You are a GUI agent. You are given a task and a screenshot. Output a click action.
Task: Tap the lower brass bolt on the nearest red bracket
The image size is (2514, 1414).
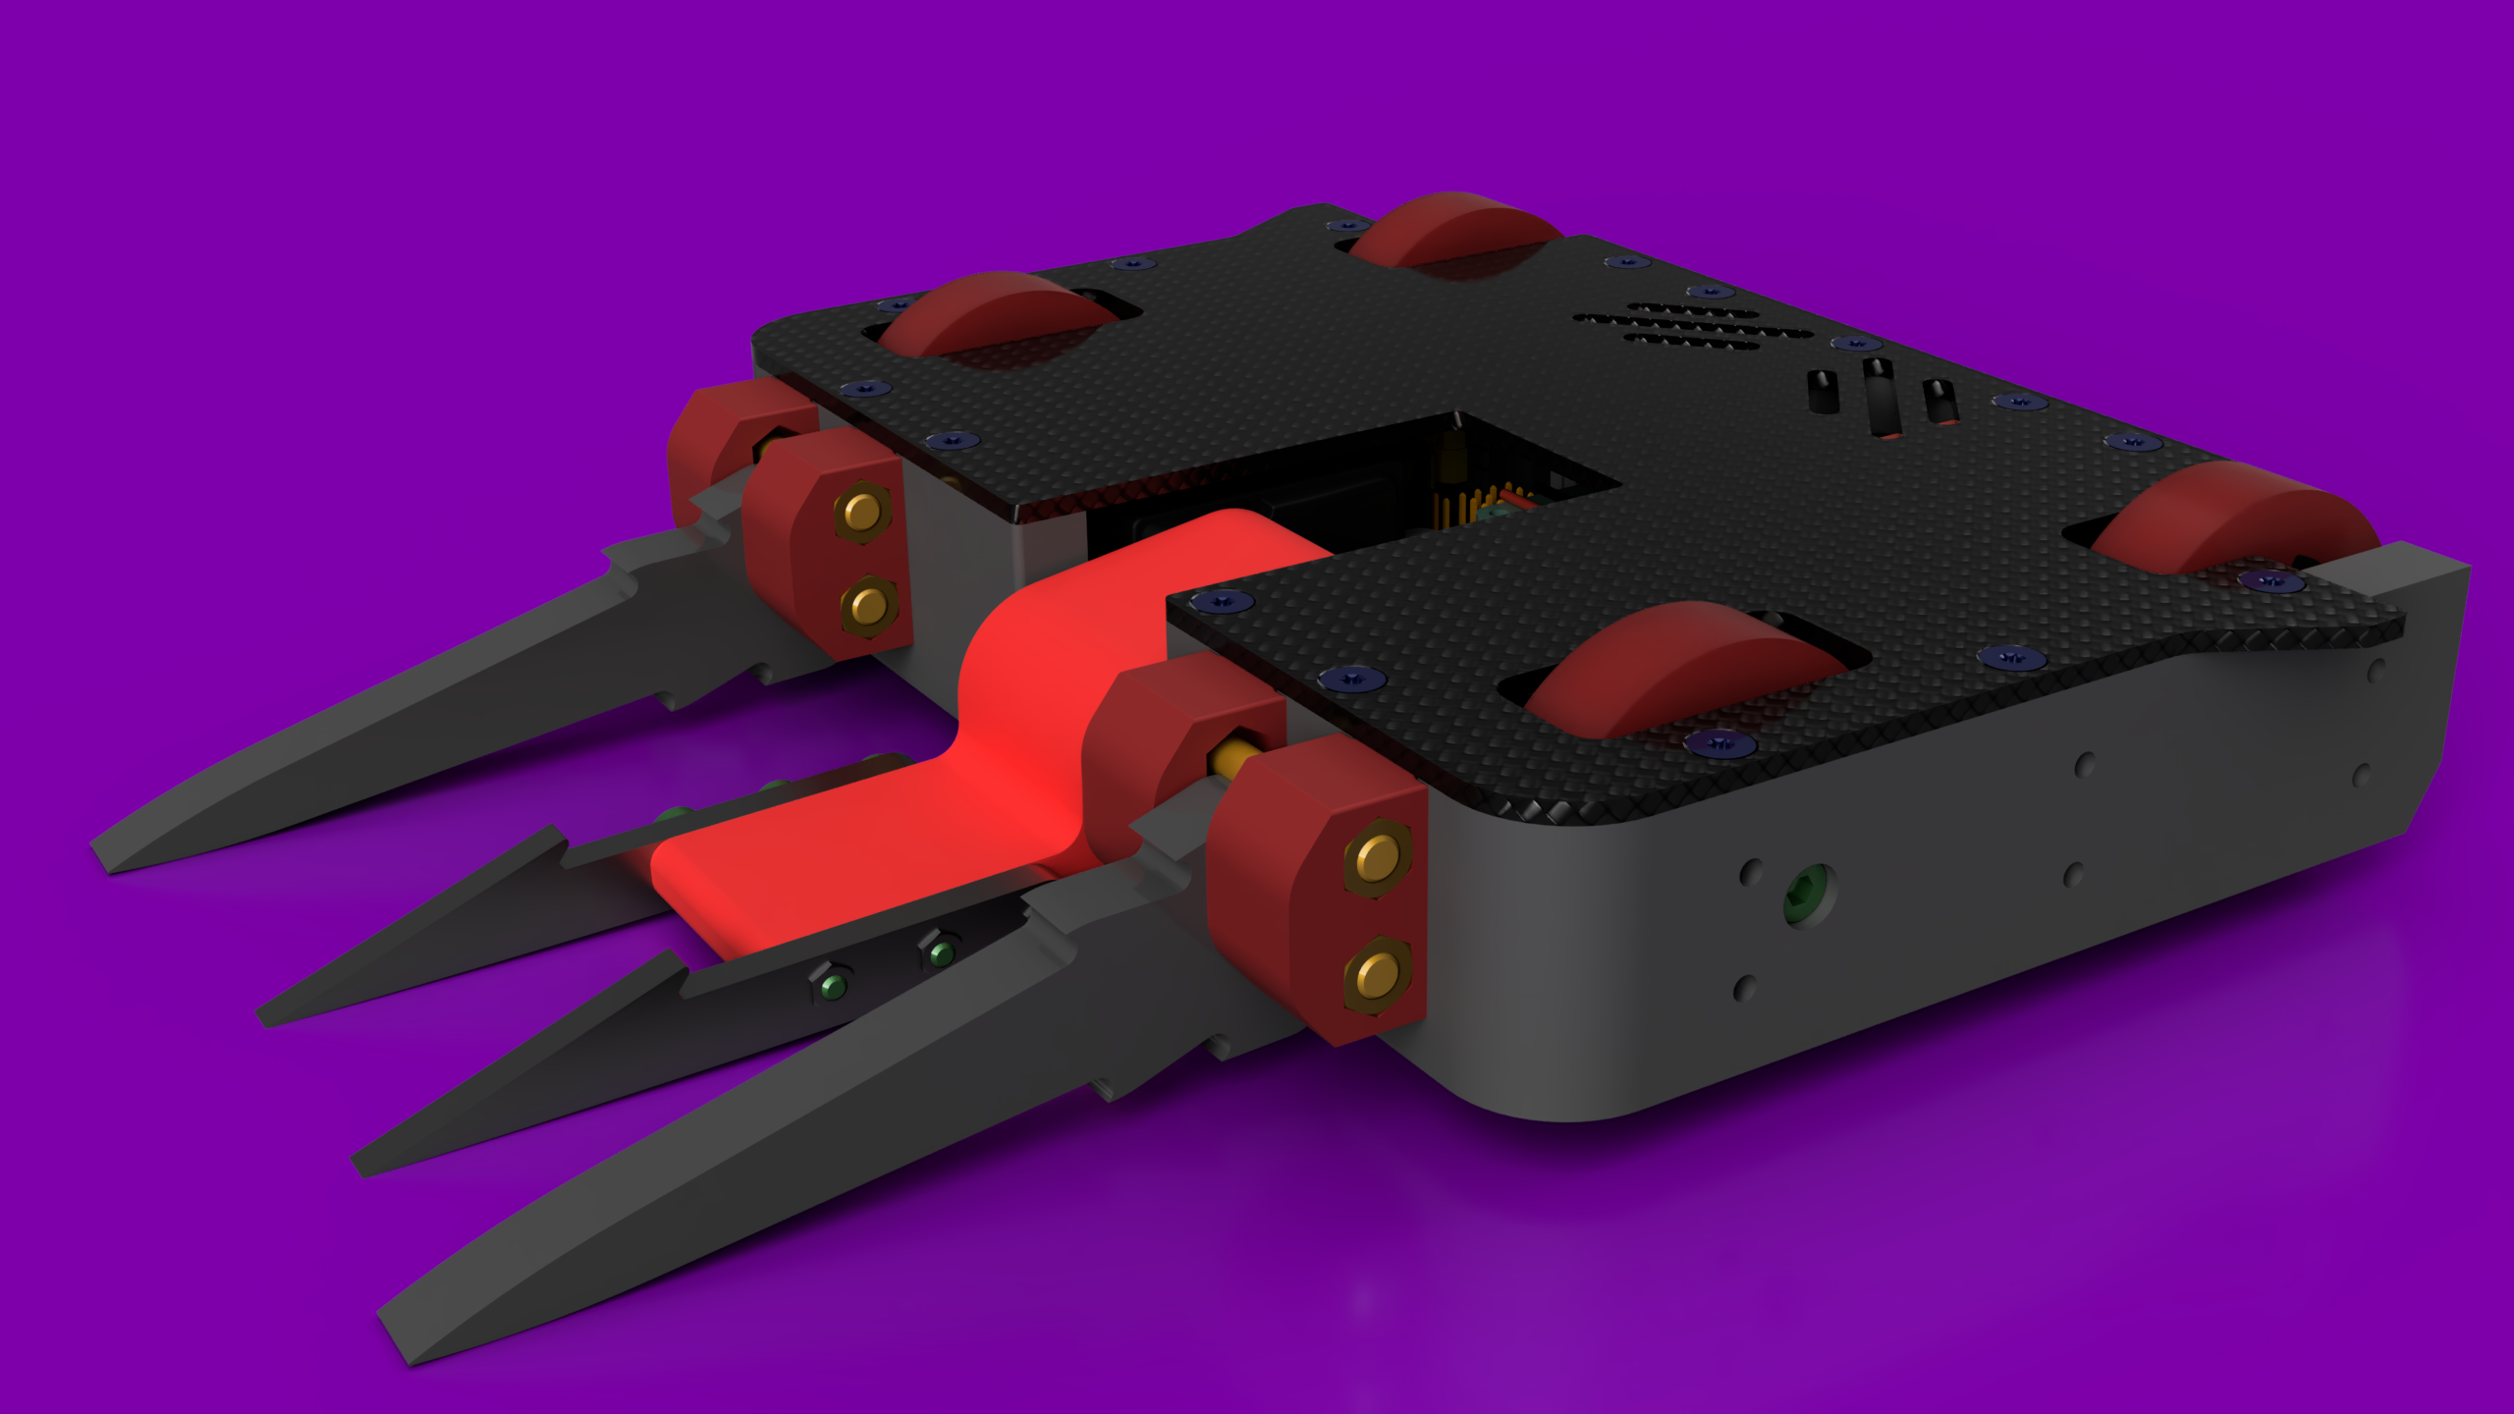coord(1377,976)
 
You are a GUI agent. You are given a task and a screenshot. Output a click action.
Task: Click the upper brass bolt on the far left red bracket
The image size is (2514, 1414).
coord(861,512)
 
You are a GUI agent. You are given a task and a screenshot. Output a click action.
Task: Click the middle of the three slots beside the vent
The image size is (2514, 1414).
coord(1881,398)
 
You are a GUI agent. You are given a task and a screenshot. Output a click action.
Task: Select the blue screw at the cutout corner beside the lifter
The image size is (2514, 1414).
coord(1222,600)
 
